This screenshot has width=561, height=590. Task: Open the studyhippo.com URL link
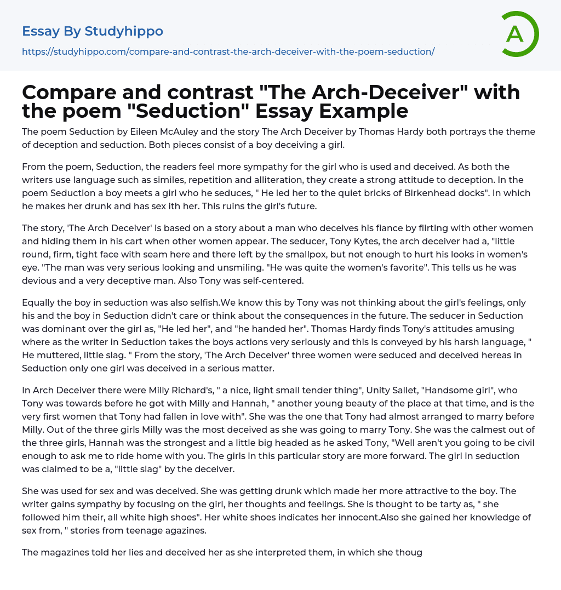tap(228, 51)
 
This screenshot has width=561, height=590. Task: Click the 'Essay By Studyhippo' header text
tap(93, 31)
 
